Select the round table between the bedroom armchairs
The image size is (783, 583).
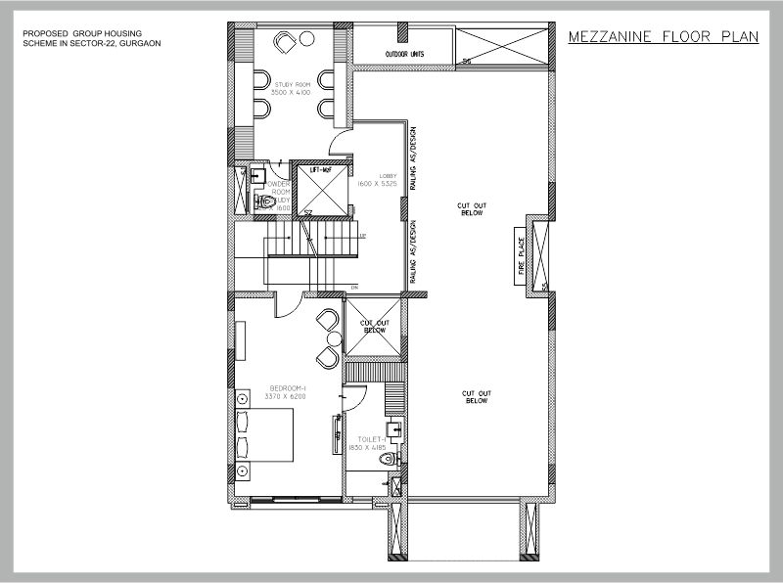[x=331, y=339]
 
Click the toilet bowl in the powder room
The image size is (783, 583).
[x=263, y=202]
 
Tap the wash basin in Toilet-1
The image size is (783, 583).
[x=395, y=427]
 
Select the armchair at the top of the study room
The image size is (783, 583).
[x=287, y=43]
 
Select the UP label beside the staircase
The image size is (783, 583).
[x=362, y=237]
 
